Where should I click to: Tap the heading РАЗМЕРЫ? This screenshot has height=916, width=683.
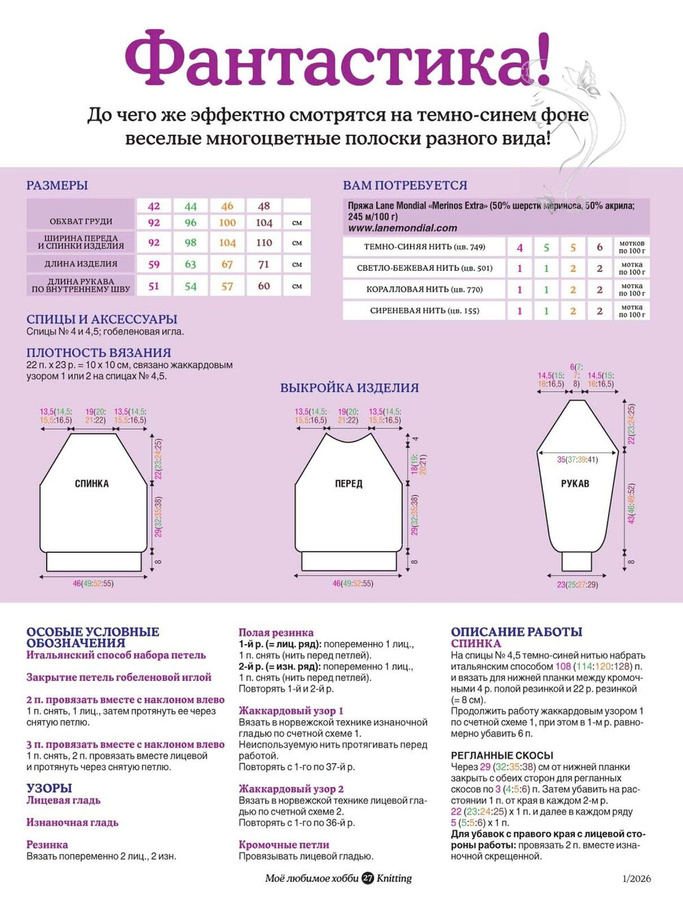point(57,185)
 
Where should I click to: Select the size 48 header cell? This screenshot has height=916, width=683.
point(264,206)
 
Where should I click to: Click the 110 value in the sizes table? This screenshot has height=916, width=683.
point(264,242)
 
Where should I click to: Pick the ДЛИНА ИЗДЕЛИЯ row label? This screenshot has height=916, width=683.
point(81,264)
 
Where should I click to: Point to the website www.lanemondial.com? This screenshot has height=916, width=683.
point(402,228)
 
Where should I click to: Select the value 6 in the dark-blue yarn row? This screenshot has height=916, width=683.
point(600,247)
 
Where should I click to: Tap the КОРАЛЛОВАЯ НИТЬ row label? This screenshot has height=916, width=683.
point(424,289)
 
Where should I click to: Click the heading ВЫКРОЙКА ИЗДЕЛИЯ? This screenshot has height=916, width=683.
point(349,387)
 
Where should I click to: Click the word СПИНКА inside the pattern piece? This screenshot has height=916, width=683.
point(92,484)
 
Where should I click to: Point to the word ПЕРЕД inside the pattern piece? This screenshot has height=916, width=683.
point(348,484)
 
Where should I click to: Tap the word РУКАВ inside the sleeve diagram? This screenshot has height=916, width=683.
point(575,484)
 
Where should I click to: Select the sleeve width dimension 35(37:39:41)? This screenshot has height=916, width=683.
point(577,460)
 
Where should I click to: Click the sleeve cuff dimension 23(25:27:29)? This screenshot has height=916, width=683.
point(577,585)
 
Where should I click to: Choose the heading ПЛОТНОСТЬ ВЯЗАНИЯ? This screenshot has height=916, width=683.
point(99,352)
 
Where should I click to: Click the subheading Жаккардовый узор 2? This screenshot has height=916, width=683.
point(291,788)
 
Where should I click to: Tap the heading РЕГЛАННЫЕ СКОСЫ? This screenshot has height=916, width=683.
point(502,755)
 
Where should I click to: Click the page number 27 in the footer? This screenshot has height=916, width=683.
point(367,878)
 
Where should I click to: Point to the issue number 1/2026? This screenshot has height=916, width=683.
point(636,879)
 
